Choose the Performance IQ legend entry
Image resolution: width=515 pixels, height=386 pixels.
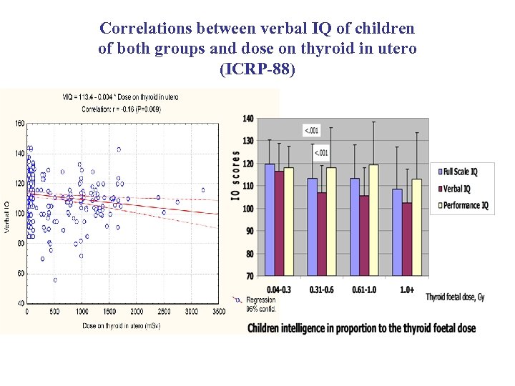pos(465,206)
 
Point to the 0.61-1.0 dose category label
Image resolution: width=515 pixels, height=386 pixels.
pos(363,289)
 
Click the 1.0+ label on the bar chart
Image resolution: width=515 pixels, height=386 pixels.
pos(408,289)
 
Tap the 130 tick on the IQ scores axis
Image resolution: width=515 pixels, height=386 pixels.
pos(248,141)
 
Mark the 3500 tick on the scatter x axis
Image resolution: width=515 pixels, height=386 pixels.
pos(219,312)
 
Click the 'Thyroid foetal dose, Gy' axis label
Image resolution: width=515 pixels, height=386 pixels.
pos(455,297)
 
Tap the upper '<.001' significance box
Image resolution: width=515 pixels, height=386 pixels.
pos(312,130)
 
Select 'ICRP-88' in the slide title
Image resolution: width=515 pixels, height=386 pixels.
pos(257,71)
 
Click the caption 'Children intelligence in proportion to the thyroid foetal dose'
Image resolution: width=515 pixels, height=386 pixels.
pos(361,327)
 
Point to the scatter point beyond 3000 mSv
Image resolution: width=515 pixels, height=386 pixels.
pos(203,190)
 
